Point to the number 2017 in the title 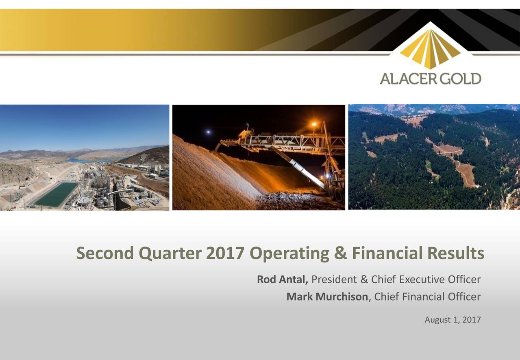point(225,254)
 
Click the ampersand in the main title point(339,254)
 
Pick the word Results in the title point(456,254)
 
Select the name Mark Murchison point(327,297)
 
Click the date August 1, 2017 point(453,320)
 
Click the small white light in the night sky point(209,132)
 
